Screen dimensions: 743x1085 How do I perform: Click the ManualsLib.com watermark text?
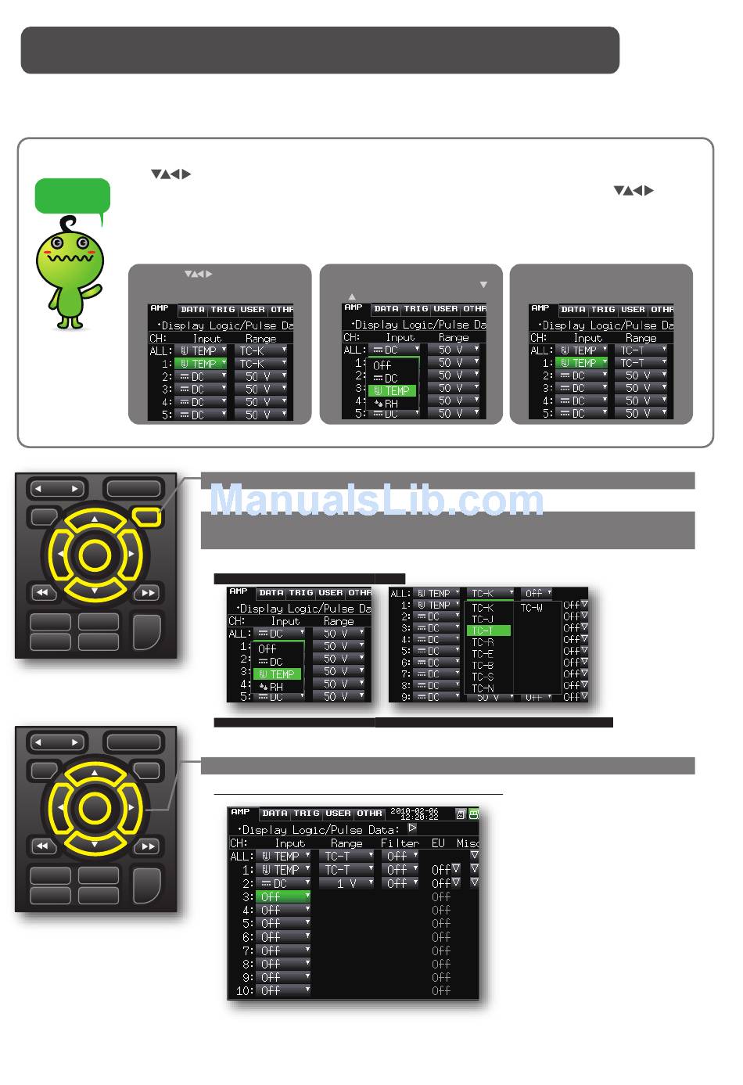click(376, 500)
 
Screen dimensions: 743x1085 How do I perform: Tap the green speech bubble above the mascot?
click(72, 196)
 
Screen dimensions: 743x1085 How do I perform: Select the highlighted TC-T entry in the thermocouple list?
click(488, 631)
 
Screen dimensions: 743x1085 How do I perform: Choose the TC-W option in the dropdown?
click(532, 608)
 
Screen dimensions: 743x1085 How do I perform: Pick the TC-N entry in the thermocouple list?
click(483, 688)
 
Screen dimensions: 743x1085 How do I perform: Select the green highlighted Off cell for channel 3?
click(282, 896)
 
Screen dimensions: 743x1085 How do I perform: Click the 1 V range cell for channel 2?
click(346, 883)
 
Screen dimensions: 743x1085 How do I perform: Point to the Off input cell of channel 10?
click(282, 990)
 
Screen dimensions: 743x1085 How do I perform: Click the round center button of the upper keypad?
click(95, 555)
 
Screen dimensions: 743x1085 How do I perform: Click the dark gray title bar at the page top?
click(320, 50)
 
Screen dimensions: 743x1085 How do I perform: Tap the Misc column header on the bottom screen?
click(468, 843)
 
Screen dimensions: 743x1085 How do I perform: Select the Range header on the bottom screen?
click(346, 843)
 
